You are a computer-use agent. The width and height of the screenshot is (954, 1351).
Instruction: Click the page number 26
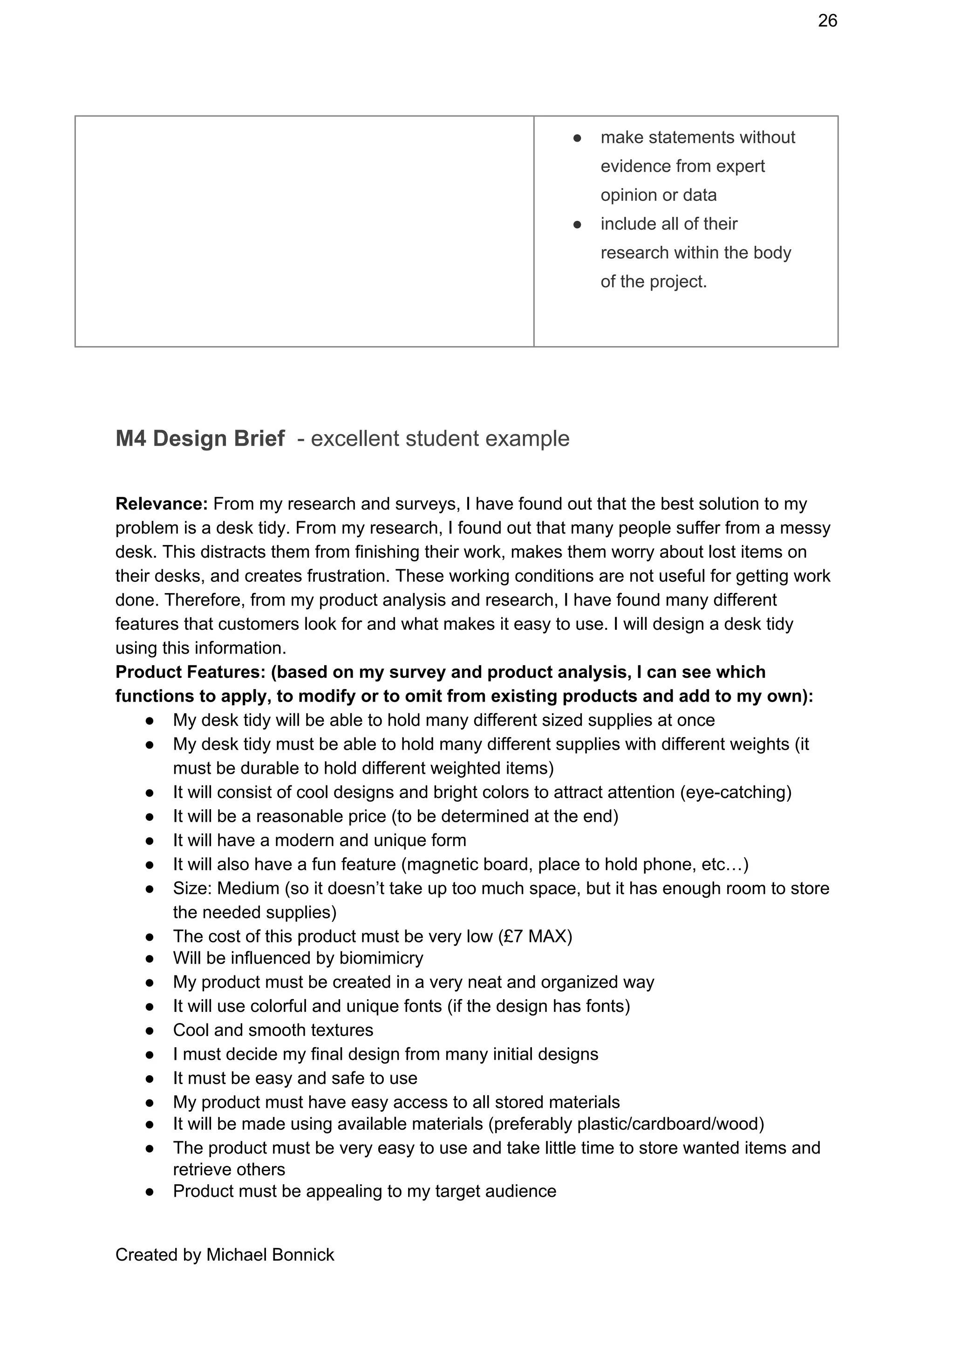[x=827, y=21]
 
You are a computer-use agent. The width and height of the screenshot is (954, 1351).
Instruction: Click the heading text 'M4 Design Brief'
[x=200, y=439]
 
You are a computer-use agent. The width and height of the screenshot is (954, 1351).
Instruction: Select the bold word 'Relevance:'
[x=162, y=504]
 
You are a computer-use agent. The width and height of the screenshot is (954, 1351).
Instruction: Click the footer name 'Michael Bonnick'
[x=270, y=1255]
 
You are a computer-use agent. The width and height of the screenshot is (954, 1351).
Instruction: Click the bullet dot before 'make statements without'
[x=577, y=138]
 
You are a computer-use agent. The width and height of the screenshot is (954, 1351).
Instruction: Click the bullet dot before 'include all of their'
[x=577, y=224]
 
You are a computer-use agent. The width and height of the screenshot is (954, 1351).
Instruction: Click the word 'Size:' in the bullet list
[x=192, y=888]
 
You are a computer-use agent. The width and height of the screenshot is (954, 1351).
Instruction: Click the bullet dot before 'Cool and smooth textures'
[x=150, y=1031]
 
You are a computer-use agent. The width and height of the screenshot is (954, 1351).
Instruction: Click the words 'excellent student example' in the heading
[x=440, y=439]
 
